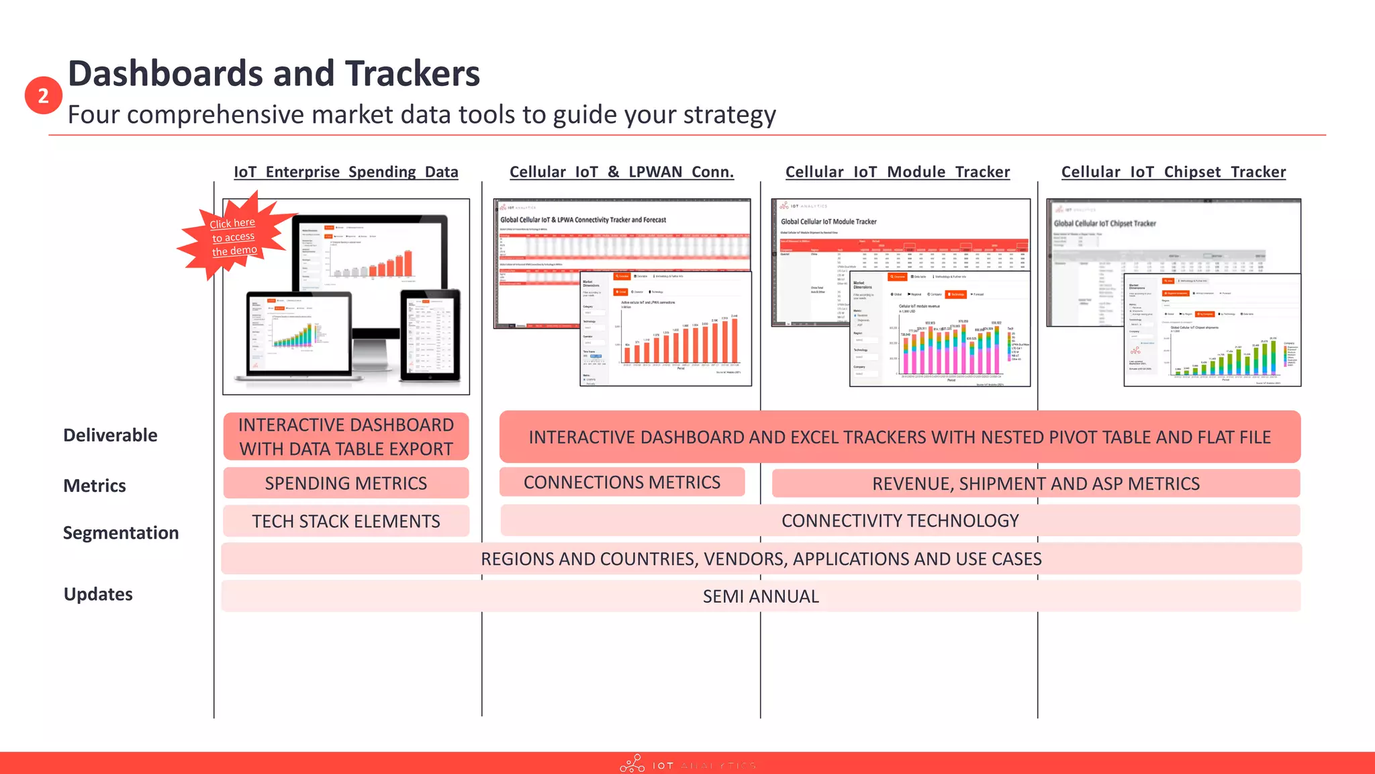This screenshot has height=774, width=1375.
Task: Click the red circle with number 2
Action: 44,95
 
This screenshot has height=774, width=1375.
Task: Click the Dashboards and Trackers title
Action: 274,73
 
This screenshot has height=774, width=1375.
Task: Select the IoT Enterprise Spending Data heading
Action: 346,172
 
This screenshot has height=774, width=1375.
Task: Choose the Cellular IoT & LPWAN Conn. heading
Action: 622,172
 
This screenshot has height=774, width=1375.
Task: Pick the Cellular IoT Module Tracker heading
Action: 898,172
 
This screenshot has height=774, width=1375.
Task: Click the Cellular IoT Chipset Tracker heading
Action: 1174,172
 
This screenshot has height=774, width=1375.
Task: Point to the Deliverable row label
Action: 110,435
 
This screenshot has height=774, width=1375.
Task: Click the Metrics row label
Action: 95,486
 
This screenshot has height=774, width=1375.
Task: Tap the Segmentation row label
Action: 121,533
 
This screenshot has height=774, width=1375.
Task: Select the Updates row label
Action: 98,595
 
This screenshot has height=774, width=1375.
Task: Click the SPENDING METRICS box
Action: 346,484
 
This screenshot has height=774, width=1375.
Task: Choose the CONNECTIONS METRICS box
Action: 622,482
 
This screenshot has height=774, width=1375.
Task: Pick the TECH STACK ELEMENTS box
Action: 346,521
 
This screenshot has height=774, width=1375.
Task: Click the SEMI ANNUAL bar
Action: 761,597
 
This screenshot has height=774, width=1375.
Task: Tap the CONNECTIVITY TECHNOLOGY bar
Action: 900,521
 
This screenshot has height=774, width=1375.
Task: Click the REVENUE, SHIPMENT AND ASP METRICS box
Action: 1035,484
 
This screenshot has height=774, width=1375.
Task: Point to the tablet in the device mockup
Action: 430,335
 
